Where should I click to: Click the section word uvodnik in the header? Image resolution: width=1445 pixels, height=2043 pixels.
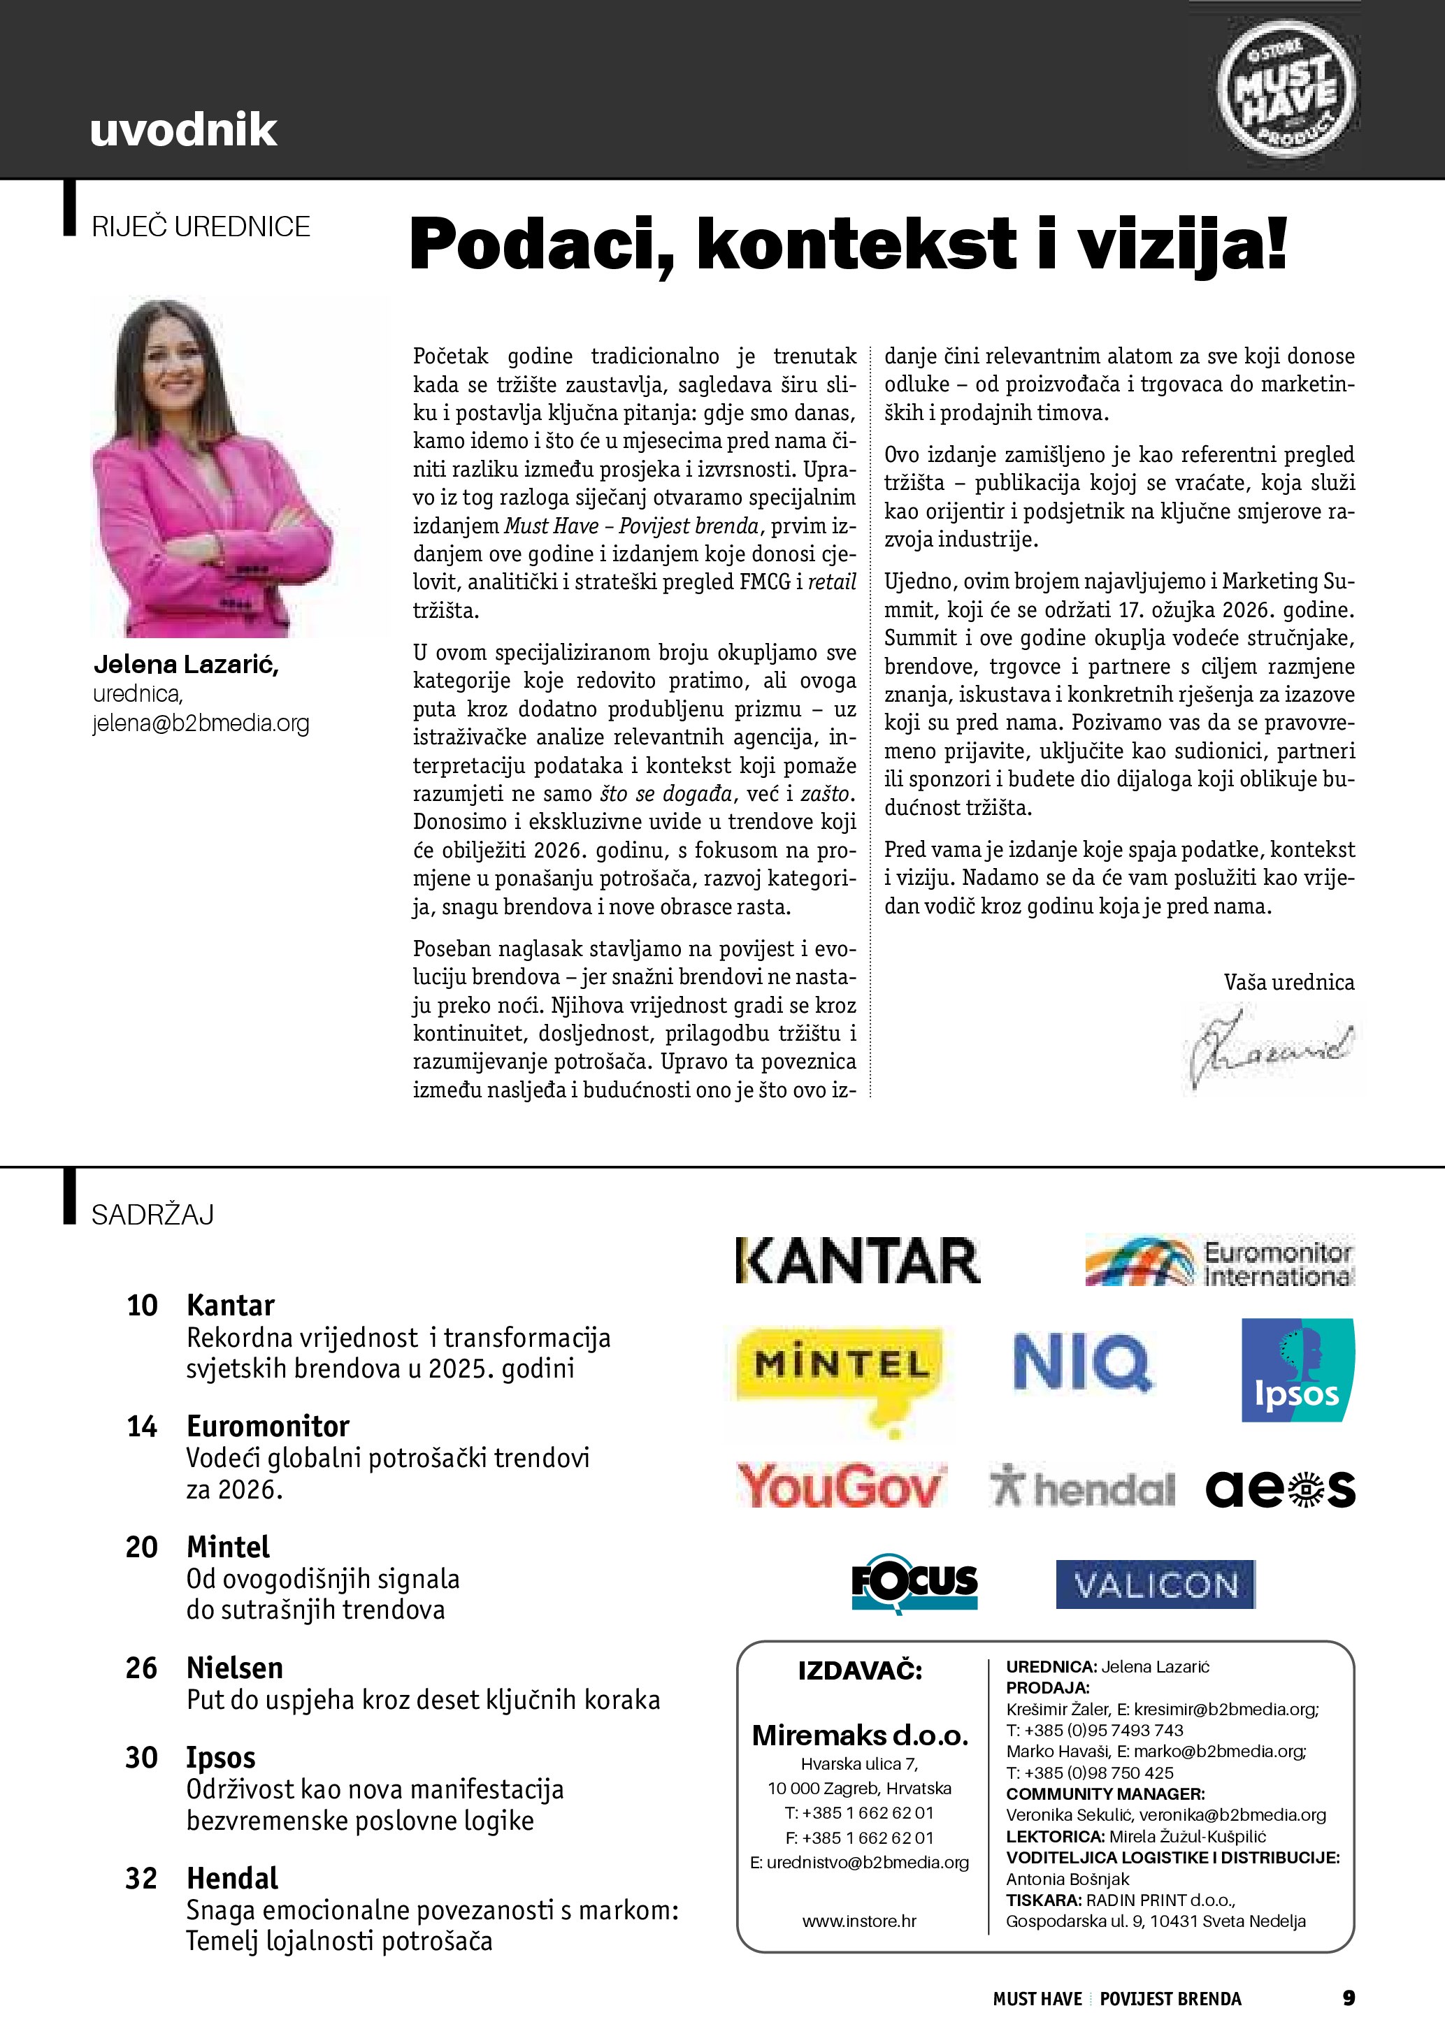click(x=183, y=130)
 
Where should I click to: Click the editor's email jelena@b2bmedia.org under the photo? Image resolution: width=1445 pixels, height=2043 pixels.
click(x=201, y=723)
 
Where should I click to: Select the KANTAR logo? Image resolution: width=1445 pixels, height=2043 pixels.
click(x=858, y=1261)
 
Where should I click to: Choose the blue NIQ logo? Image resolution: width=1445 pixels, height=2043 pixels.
click(x=1082, y=1362)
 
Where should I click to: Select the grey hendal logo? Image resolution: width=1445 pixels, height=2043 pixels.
click(x=1082, y=1488)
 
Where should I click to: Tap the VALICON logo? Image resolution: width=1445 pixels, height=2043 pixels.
click(x=1155, y=1584)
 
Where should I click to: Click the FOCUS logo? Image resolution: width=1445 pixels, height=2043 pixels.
click(x=914, y=1584)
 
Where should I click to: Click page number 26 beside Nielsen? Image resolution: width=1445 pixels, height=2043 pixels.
click(x=141, y=1668)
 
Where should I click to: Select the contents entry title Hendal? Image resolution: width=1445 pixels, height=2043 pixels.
click(x=232, y=1877)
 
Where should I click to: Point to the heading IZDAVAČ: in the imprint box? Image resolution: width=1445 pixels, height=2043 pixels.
click(x=860, y=1670)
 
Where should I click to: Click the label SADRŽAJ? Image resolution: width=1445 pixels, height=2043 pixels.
click(x=153, y=1215)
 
